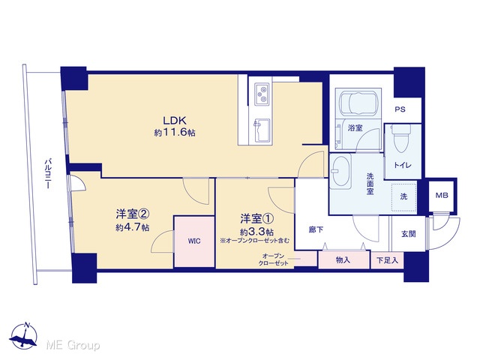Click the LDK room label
(175, 120)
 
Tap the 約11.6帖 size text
(175, 133)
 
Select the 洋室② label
(133, 214)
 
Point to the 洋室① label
(256, 218)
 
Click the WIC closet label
(194, 241)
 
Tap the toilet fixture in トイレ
(402, 138)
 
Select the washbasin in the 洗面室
(340, 171)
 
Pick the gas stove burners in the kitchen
(262, 94)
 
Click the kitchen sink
(262, 130)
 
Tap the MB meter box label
(442, 195)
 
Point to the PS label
(400, 109)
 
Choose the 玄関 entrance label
(409, 234)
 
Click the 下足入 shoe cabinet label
(387, 260)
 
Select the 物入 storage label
(343, 260)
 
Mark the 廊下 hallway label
(316, 229)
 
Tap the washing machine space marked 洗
(404, 196)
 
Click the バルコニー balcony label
(48, 173)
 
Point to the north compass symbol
(23, 336)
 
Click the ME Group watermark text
(73, 345)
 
